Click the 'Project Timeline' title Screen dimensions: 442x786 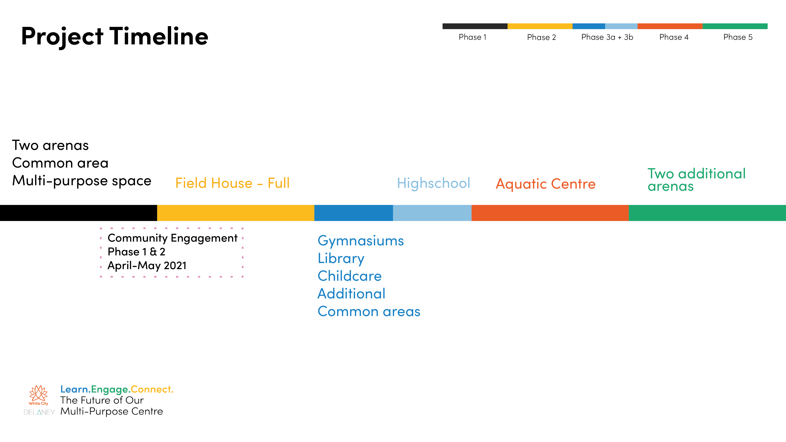pos(115,37)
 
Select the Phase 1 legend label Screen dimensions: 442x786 pos(472,37)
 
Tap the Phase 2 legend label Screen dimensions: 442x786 pos(541,37)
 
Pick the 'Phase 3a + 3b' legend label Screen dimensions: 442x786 pos(607,37)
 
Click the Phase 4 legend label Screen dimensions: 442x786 pos(674,37)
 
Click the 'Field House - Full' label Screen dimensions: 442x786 pos(232,183)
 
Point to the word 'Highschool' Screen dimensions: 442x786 pos(433,183)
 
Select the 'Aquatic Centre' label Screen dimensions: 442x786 pos(545,184)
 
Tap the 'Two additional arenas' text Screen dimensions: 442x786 pos(696,180)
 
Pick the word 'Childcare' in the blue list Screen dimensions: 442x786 pos(349,276)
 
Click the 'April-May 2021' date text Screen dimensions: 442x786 pos(147,265)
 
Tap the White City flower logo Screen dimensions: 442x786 pos(39,394)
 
